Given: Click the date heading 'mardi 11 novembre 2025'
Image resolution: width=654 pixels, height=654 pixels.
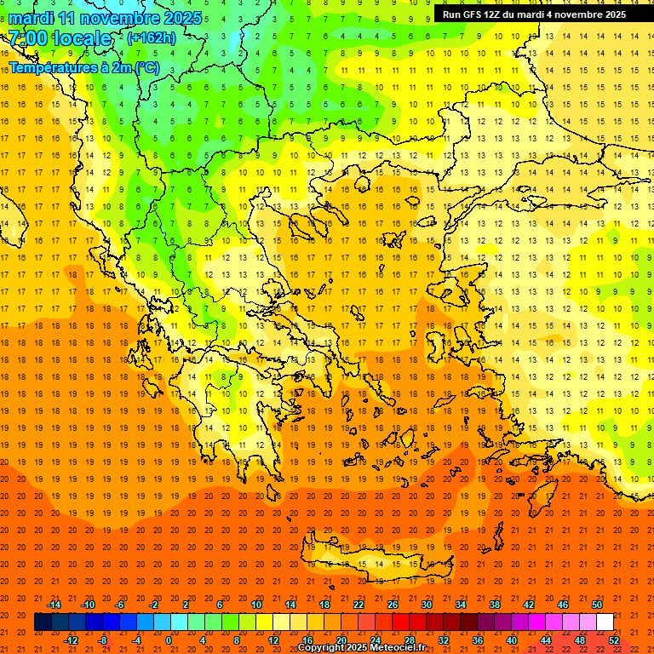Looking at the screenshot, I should pyautogui.click(x=106, y=18).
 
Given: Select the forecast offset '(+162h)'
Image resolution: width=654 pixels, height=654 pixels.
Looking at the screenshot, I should pyautogui.click(x=152, y=37).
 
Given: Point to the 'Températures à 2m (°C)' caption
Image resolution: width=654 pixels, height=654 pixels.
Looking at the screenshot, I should pyautogui.click(x=83, y=67).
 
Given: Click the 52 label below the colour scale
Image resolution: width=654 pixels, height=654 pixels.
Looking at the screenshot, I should pyautogui.click(x=615, y=640).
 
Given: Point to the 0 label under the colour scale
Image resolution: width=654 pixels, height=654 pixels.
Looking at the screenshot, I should pyautogui.click(x=169, y=640).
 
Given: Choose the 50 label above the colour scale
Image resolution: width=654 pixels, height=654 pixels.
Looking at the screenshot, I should pyautogui.click(x=596, y=605).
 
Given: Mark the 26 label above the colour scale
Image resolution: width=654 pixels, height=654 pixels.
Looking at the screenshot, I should pyautogui.click(x=393, y=605).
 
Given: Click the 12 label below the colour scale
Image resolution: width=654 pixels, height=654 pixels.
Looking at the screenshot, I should pyautogui.click(x=272, y=640).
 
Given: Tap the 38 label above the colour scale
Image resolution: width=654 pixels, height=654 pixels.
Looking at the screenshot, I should pyautogui.click(x=495, y=605).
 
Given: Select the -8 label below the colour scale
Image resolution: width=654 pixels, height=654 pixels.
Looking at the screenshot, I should pyautogui.click(x=102, y=640).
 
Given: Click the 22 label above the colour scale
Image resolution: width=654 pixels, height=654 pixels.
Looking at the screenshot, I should pyautogui.click(x=359, y=605).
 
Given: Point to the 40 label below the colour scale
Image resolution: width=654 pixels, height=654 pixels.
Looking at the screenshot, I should pyautogui.click(x=512, y=640).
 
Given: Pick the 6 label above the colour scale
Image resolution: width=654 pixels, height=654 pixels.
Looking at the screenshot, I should pyautogui.click(x=221, y=605).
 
